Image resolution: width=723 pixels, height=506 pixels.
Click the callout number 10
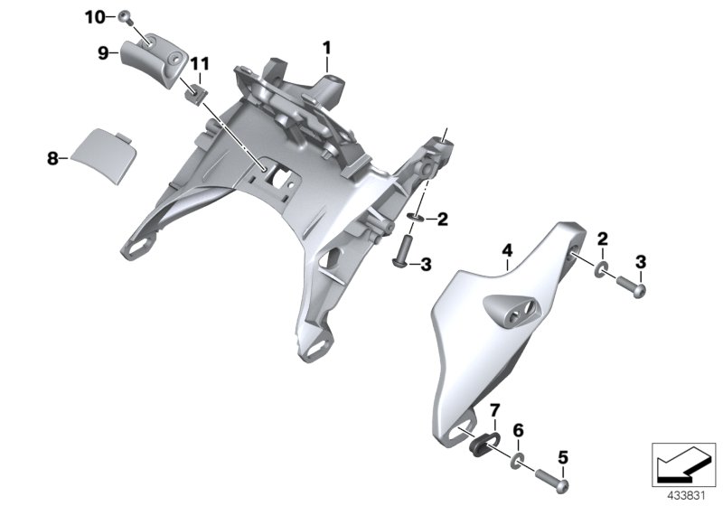(x=95, y=17)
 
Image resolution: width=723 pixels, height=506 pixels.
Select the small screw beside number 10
(x=125, y=17)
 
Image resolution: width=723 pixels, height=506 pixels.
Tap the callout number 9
(x=103, y=53)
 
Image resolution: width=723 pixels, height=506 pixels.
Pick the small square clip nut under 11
(x=196, y=96)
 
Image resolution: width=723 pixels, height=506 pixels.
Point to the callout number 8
(x=53, y=158)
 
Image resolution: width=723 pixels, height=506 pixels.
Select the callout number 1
(x=327, y=48)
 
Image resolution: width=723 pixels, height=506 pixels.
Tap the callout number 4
(x=507, y=250)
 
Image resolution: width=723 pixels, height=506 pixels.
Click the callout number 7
(x=494, y=409)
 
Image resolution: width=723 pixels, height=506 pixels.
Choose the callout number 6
(x=519, y=431)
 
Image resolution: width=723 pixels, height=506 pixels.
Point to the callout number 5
(x=563, y=457)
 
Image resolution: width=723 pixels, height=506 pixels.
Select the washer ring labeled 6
(x=518, y=461)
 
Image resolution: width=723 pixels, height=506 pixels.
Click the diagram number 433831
(x=687, y=496)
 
